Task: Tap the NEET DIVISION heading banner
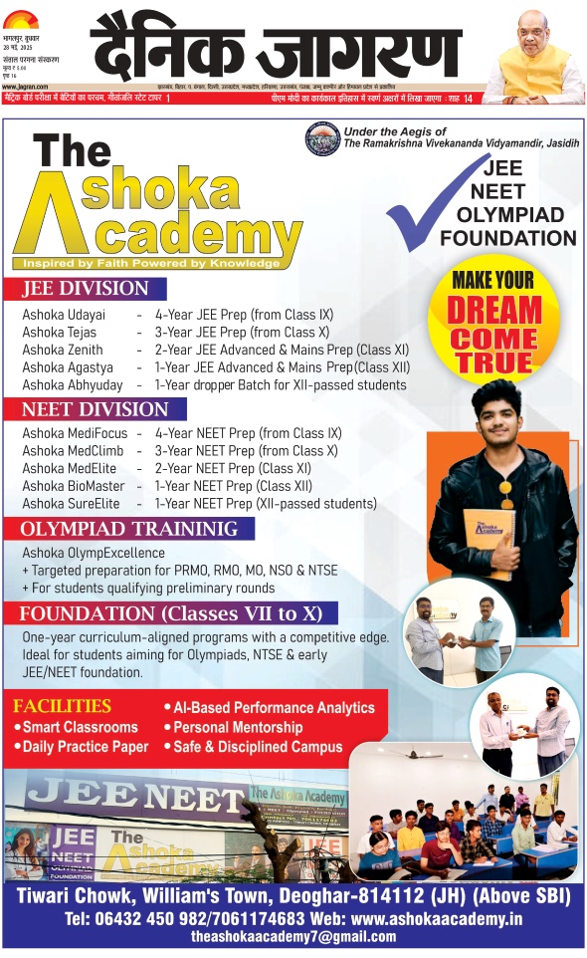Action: [96, 409]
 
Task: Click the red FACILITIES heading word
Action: [63, 706]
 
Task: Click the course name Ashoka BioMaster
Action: [74, 486]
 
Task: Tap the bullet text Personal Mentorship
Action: [238, 728]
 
